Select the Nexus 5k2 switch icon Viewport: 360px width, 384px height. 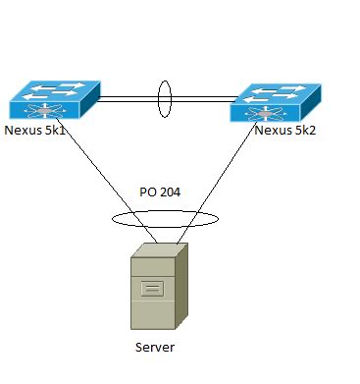click(276, 100)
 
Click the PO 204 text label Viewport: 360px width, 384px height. click(160, 193)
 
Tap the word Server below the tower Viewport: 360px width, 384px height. click(155, 347)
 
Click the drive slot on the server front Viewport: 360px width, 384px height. click(153, 288)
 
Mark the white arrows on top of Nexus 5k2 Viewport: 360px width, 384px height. click(281, 91)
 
